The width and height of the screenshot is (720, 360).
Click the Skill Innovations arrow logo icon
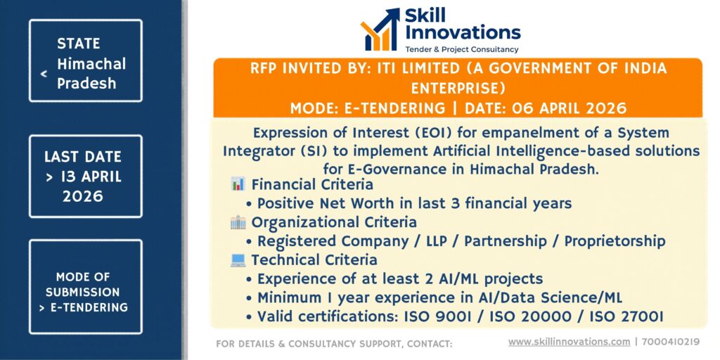pyautogui.click(x=380, y=30)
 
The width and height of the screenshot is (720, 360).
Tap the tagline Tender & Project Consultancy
pyautogui.click(x=461, y=49)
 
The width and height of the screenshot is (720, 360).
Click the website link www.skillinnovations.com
pyautogui.click(x=569, y=342)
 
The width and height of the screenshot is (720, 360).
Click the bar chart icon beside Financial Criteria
pyautogui.click(x=238, y=185)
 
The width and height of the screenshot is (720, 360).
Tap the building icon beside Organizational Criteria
pyautogui.click(x=238, y=222)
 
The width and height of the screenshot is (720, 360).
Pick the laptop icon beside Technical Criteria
pyautogui.click(x=238, y=260)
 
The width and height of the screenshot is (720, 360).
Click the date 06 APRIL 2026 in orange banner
pyautogui.click(x=546, y=108)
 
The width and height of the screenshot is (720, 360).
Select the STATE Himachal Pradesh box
pyautogui.click(x=85, y=60)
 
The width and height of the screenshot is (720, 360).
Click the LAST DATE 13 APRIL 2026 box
pyautogui.click(x=85, y=176)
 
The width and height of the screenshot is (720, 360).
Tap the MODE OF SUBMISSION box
pyautogui.click(x=85, y=287)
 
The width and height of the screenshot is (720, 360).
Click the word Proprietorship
pyautogui.click(x=615, y=242)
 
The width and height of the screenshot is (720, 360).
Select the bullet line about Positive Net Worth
pyautogui.click(x=409, y=203)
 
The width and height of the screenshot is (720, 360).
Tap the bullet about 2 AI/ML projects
pyautogui.click(x=394, y=279)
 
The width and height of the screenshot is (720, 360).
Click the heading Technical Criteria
pyautogui.click(x=314, y=260)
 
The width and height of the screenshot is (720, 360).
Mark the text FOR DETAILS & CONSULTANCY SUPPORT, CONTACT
pyautogui.click(x=334, y=343)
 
